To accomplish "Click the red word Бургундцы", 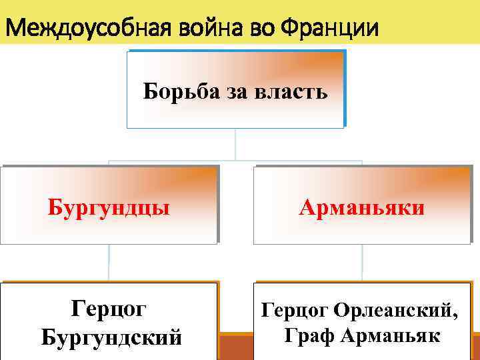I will coord(109,207).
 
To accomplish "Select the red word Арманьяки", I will coord(362,207).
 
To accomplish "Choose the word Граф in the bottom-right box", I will coord(309,335).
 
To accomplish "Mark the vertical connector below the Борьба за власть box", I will coord(235,143).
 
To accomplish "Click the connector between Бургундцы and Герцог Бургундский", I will coord(109,263).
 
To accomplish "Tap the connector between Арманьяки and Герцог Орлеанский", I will coord(362,263).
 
